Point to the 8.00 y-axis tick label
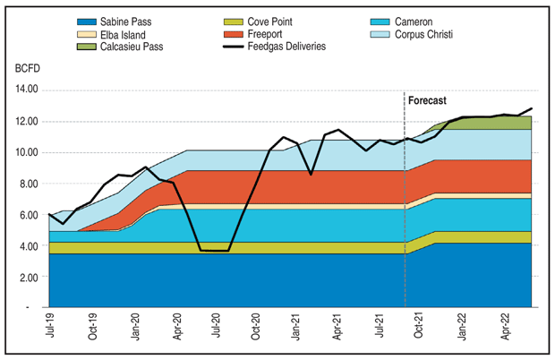pyautogui.click(x=29, y=184)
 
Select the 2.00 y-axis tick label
pyautogui.click(x=29, y=277)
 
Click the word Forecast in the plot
pyautogui.click(x=427, y=101)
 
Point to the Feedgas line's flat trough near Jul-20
pyautogui.click(x=215, y=251)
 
